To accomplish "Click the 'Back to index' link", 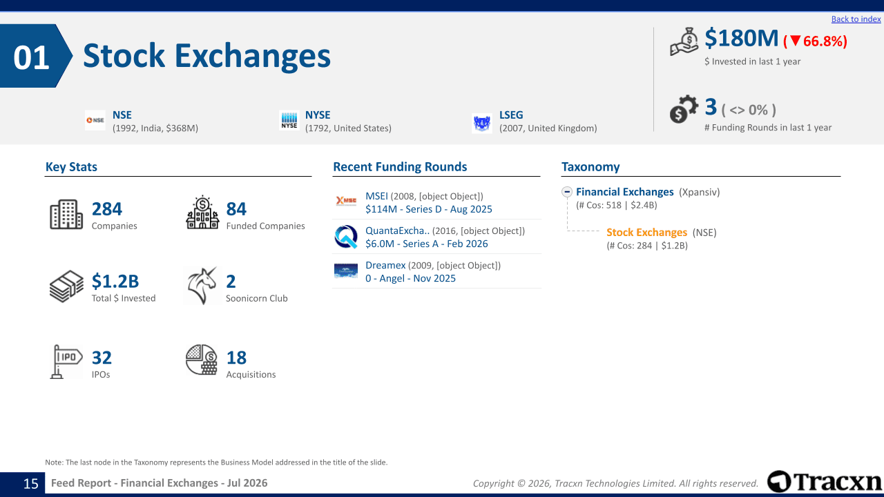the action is pyautogui.click(x=856, y=19).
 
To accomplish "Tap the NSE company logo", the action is pyautogui.click(x=95, y=120).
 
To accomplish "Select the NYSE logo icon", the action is pyautogui.click(x=289, y=120).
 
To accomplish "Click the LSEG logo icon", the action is pyautogui.click(x=482, y=124).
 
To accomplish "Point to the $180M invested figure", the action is pyautogui.click(x=741, y=38).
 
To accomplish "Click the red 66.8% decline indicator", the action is pyautogui.click(x=815, y=41).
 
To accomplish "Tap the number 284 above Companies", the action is pyautogui.click(x=107, y=209).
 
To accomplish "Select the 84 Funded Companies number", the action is pyautogui.click(x=236, y=209).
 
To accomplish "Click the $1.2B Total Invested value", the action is pyautogui.click(x=115, y=281).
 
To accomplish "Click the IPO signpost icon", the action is pyautogui.click(x=66, y=362).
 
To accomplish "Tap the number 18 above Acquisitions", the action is pyautogui.click(x=236, y=358).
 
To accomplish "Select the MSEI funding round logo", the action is pyautogui.click(x=346, y=201).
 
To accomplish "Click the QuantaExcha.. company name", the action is pyautogui.click(x=397, y=231).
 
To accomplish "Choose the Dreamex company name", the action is pyautogui.click(x=385, y=266).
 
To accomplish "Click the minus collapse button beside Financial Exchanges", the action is pyautogui.click(x=567, y=192).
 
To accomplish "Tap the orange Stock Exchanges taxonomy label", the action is pyautogui.click(x=646, y=233).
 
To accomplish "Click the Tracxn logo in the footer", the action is pyautogui.click(x=825, y=482).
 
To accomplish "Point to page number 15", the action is pyautogui.click(x=31, y=484).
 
